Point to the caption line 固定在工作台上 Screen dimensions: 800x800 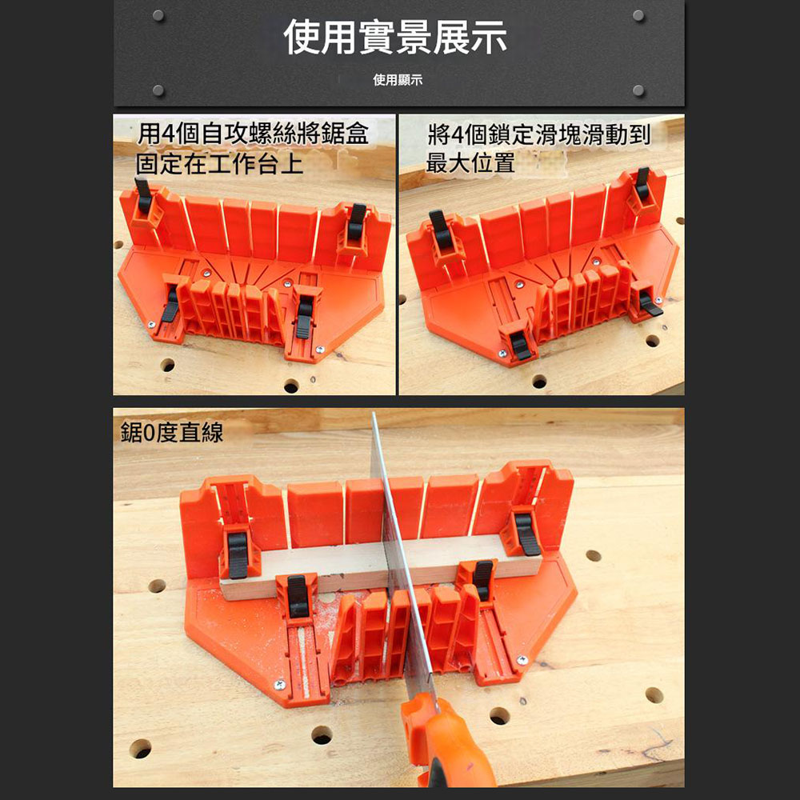coord(219,164)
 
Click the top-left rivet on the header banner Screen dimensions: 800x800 coord(158,15)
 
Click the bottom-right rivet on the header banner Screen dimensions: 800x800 coord(638,90)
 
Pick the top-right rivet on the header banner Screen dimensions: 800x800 coord(638,15)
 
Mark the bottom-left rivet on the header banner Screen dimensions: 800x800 coord(158,90)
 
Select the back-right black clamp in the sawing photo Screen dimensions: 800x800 coord(527,534)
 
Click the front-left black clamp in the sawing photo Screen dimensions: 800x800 coord(298,596)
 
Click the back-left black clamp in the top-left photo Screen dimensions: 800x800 coord(143,196)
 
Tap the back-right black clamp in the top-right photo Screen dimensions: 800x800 coord(642,184)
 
